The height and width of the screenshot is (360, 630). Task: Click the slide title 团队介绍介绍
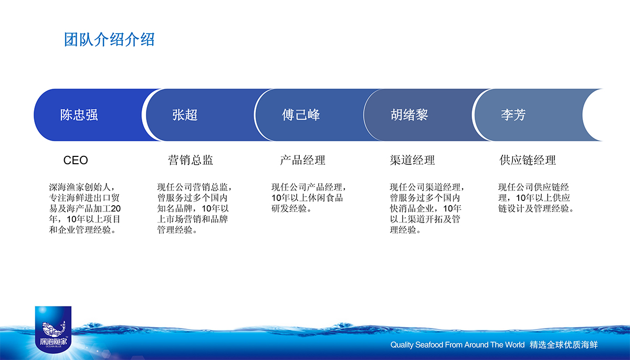coord(109,39)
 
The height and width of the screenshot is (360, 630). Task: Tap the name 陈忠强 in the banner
coord(79,115)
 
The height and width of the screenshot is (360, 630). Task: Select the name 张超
coord(185,115)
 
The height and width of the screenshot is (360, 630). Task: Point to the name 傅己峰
coord(301,115)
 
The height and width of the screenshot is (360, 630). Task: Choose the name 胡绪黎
coord(409,115)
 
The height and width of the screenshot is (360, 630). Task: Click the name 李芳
coord(513,115)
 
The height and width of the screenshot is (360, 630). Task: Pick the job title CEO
coord(76,161)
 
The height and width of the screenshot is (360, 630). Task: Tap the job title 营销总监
coord(191,161)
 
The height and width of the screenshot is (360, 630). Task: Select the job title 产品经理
coord(302,161)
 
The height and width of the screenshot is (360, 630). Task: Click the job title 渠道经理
coord(412,161)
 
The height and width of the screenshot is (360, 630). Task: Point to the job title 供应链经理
coord(528,161)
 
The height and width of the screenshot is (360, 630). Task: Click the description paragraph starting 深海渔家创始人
coord(85,208)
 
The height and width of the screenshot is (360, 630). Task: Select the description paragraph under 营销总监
coord(195,208)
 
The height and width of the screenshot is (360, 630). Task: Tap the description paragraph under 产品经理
coord(309,198)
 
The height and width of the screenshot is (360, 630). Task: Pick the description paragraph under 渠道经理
coord(427,208)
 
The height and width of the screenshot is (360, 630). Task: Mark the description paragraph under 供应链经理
coord(536,198)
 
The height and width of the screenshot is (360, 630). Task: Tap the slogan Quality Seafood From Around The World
coord(458,345)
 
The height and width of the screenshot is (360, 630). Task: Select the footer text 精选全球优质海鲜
coord(564,345)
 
